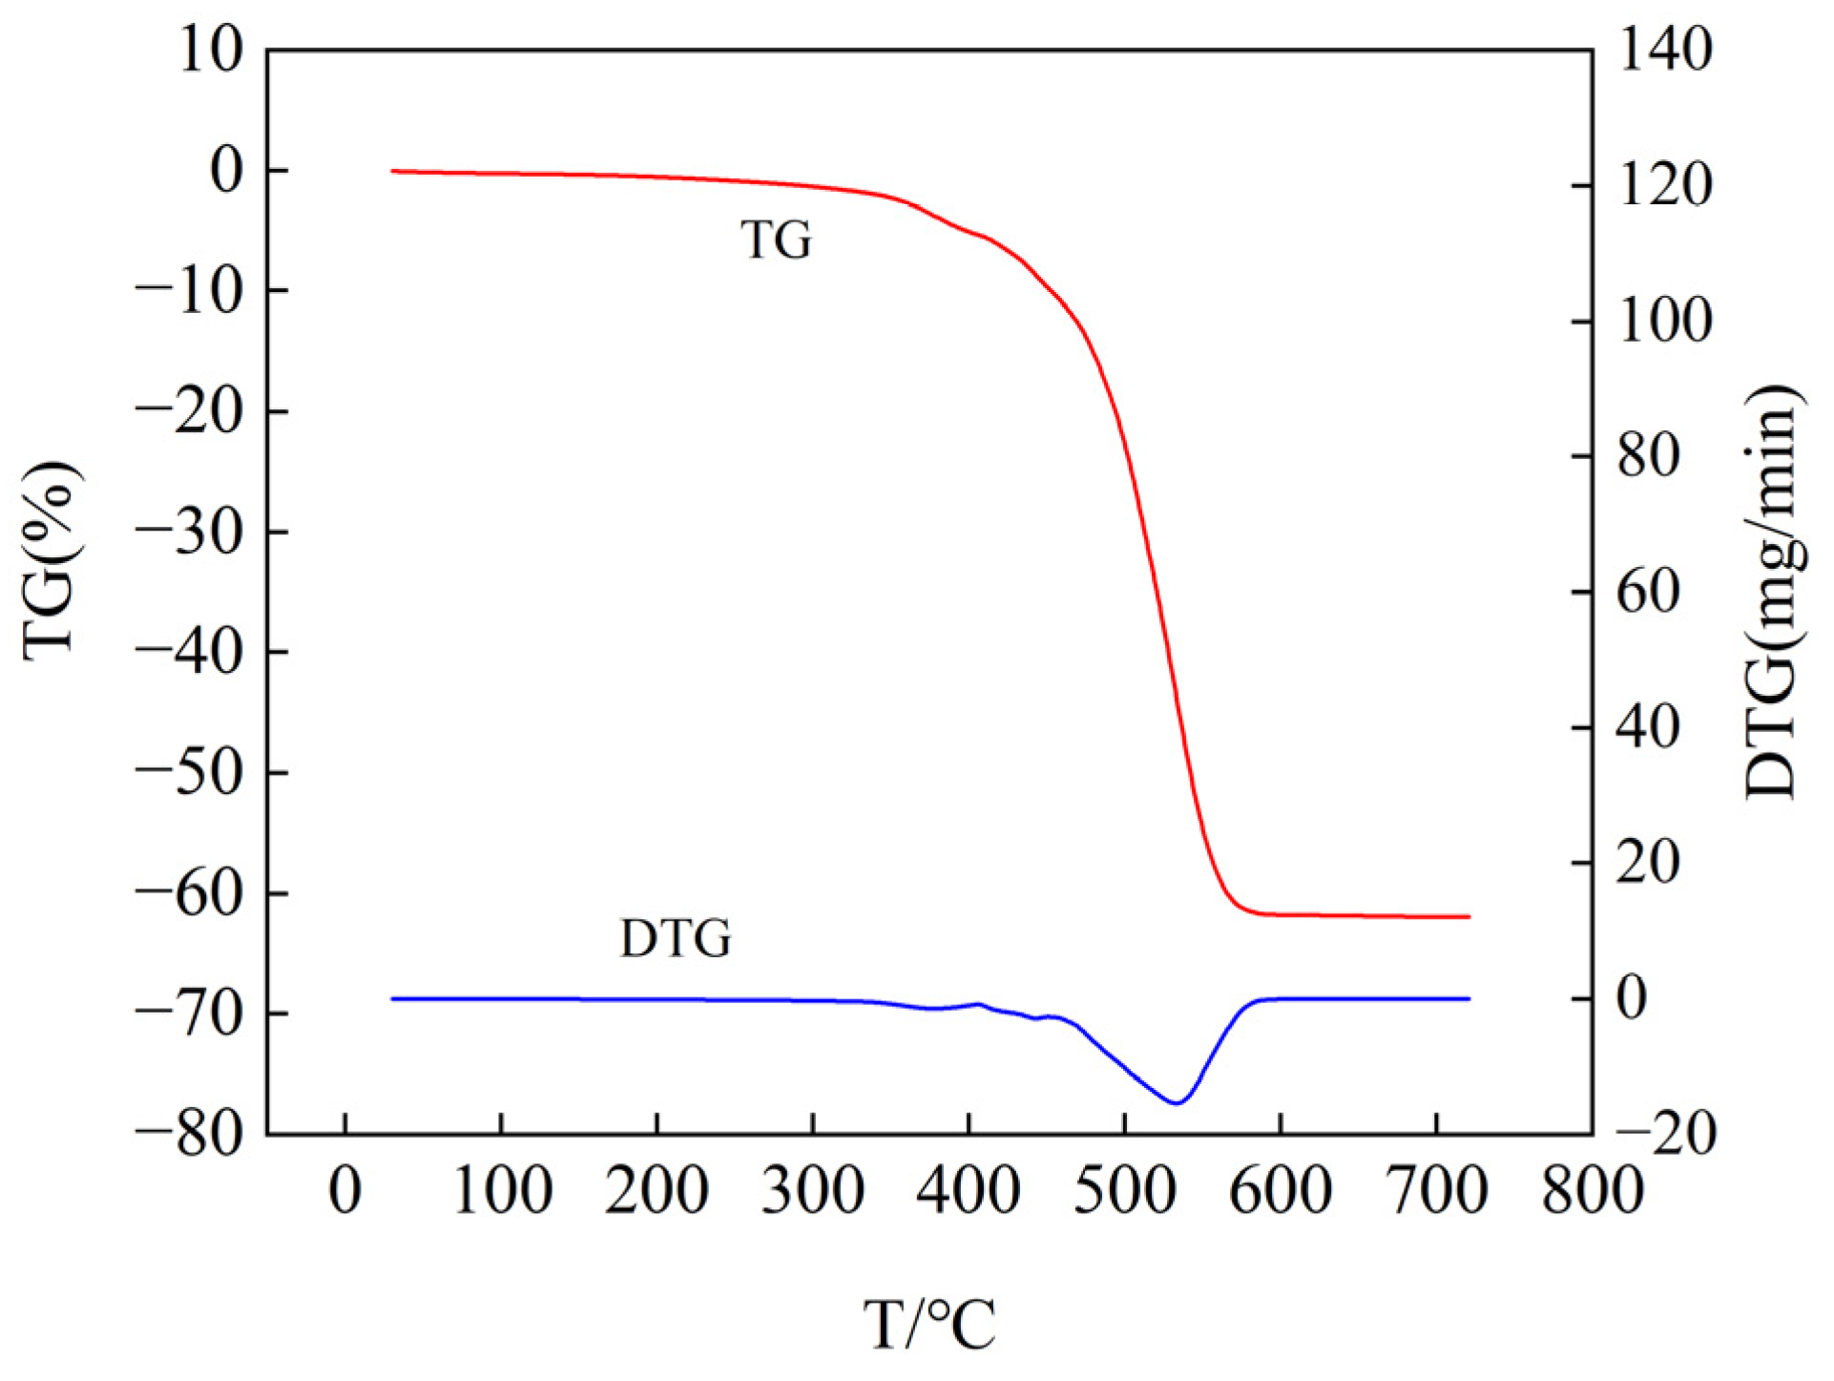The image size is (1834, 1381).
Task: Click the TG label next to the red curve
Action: (776, 240)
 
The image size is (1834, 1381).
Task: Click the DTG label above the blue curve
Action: (676, 938)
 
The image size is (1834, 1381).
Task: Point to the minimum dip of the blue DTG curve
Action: (1178, 1103)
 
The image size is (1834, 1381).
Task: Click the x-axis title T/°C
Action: (929, 1325)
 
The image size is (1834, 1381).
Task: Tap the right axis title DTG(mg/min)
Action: (1771, 592)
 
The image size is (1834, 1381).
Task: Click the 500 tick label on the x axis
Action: (1124, 1191)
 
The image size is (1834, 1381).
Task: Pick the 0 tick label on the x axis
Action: (344, 1191)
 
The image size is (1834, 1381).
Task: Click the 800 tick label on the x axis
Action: (1593, 1191)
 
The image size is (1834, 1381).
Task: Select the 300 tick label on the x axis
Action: (812, 1191)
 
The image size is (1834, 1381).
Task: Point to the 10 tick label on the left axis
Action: (211, 50)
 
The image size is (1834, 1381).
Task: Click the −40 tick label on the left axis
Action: (189, 653)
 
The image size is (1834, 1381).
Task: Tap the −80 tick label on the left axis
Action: (189, 1134)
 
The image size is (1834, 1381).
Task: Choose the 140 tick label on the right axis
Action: (1666, 50)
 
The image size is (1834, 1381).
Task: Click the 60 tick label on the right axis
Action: (1649, 592)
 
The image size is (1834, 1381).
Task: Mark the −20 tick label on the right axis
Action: (1666, 1134)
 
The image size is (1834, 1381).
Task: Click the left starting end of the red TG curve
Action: (393, 171)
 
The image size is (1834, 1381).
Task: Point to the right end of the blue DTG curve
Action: (1469, 998)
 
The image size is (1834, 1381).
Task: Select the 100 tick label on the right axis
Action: (1666, 321)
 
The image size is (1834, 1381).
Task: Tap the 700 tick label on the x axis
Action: (1436, 1191)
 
